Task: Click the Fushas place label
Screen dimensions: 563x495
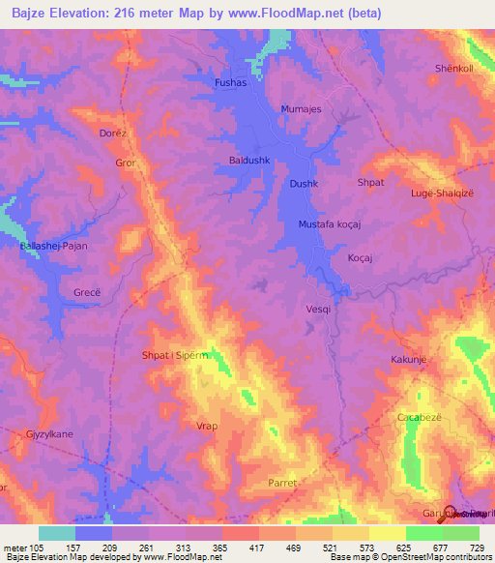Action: pyautogui.click(x=232, y=84)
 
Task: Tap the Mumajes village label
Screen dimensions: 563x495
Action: pyautogui.click(x=299, y=109)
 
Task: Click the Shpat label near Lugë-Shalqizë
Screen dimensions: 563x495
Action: pyautogui.click(x=370, y=182)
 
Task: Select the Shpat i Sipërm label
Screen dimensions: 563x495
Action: pyautogui.click(x=175, y=355)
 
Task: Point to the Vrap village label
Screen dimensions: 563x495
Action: pyautogui.click(x=207, y=426)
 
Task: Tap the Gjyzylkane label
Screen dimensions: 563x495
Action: pyautogui.click(x=49, y=435)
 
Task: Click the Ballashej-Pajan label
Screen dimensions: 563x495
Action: pyautogui.click(x=54, y=247)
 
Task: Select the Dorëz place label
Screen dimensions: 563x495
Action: pyautogui.click(x=113, y=133)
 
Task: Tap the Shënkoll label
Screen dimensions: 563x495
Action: pyautogui.click(x=453, y=69)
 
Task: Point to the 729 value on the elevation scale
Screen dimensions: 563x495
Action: pyautogui.click(x=478, y=548)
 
